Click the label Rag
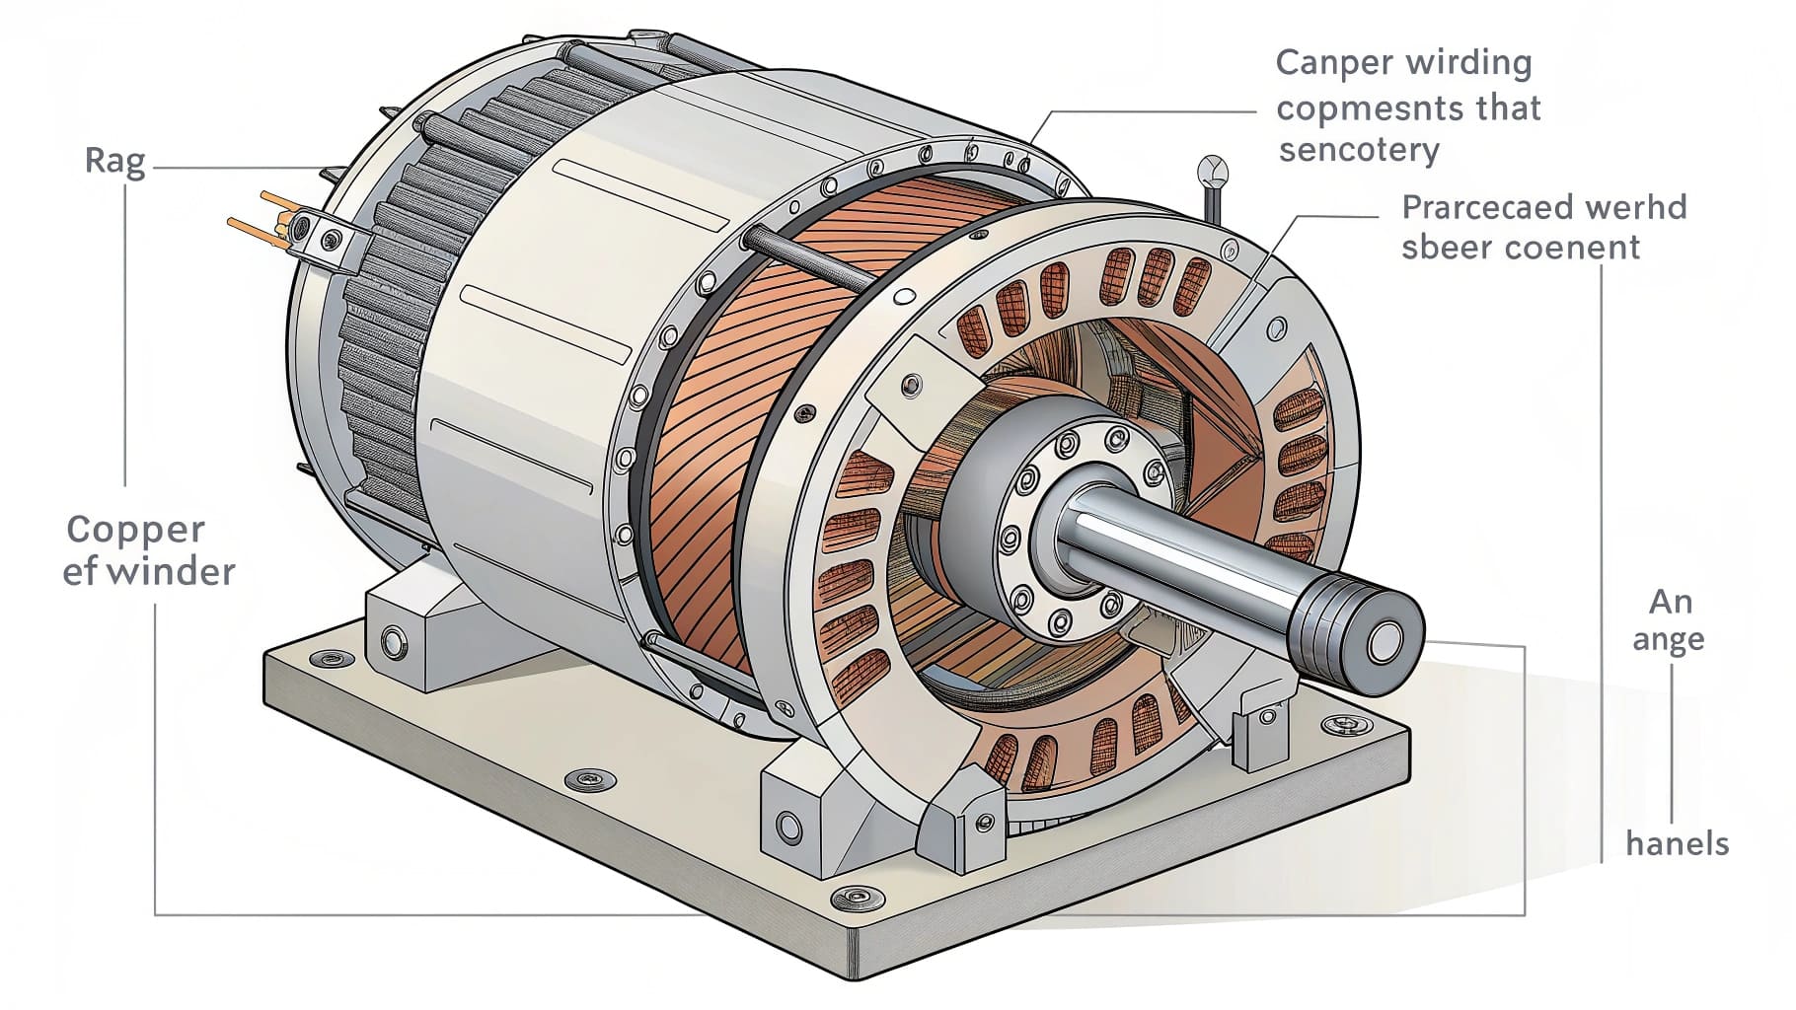[115, 161]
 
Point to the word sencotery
[1359, 150]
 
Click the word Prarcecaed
[1474, 208]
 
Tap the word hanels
[1678, 843]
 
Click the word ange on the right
[1668, 641]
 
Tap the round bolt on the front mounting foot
[788, 824]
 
